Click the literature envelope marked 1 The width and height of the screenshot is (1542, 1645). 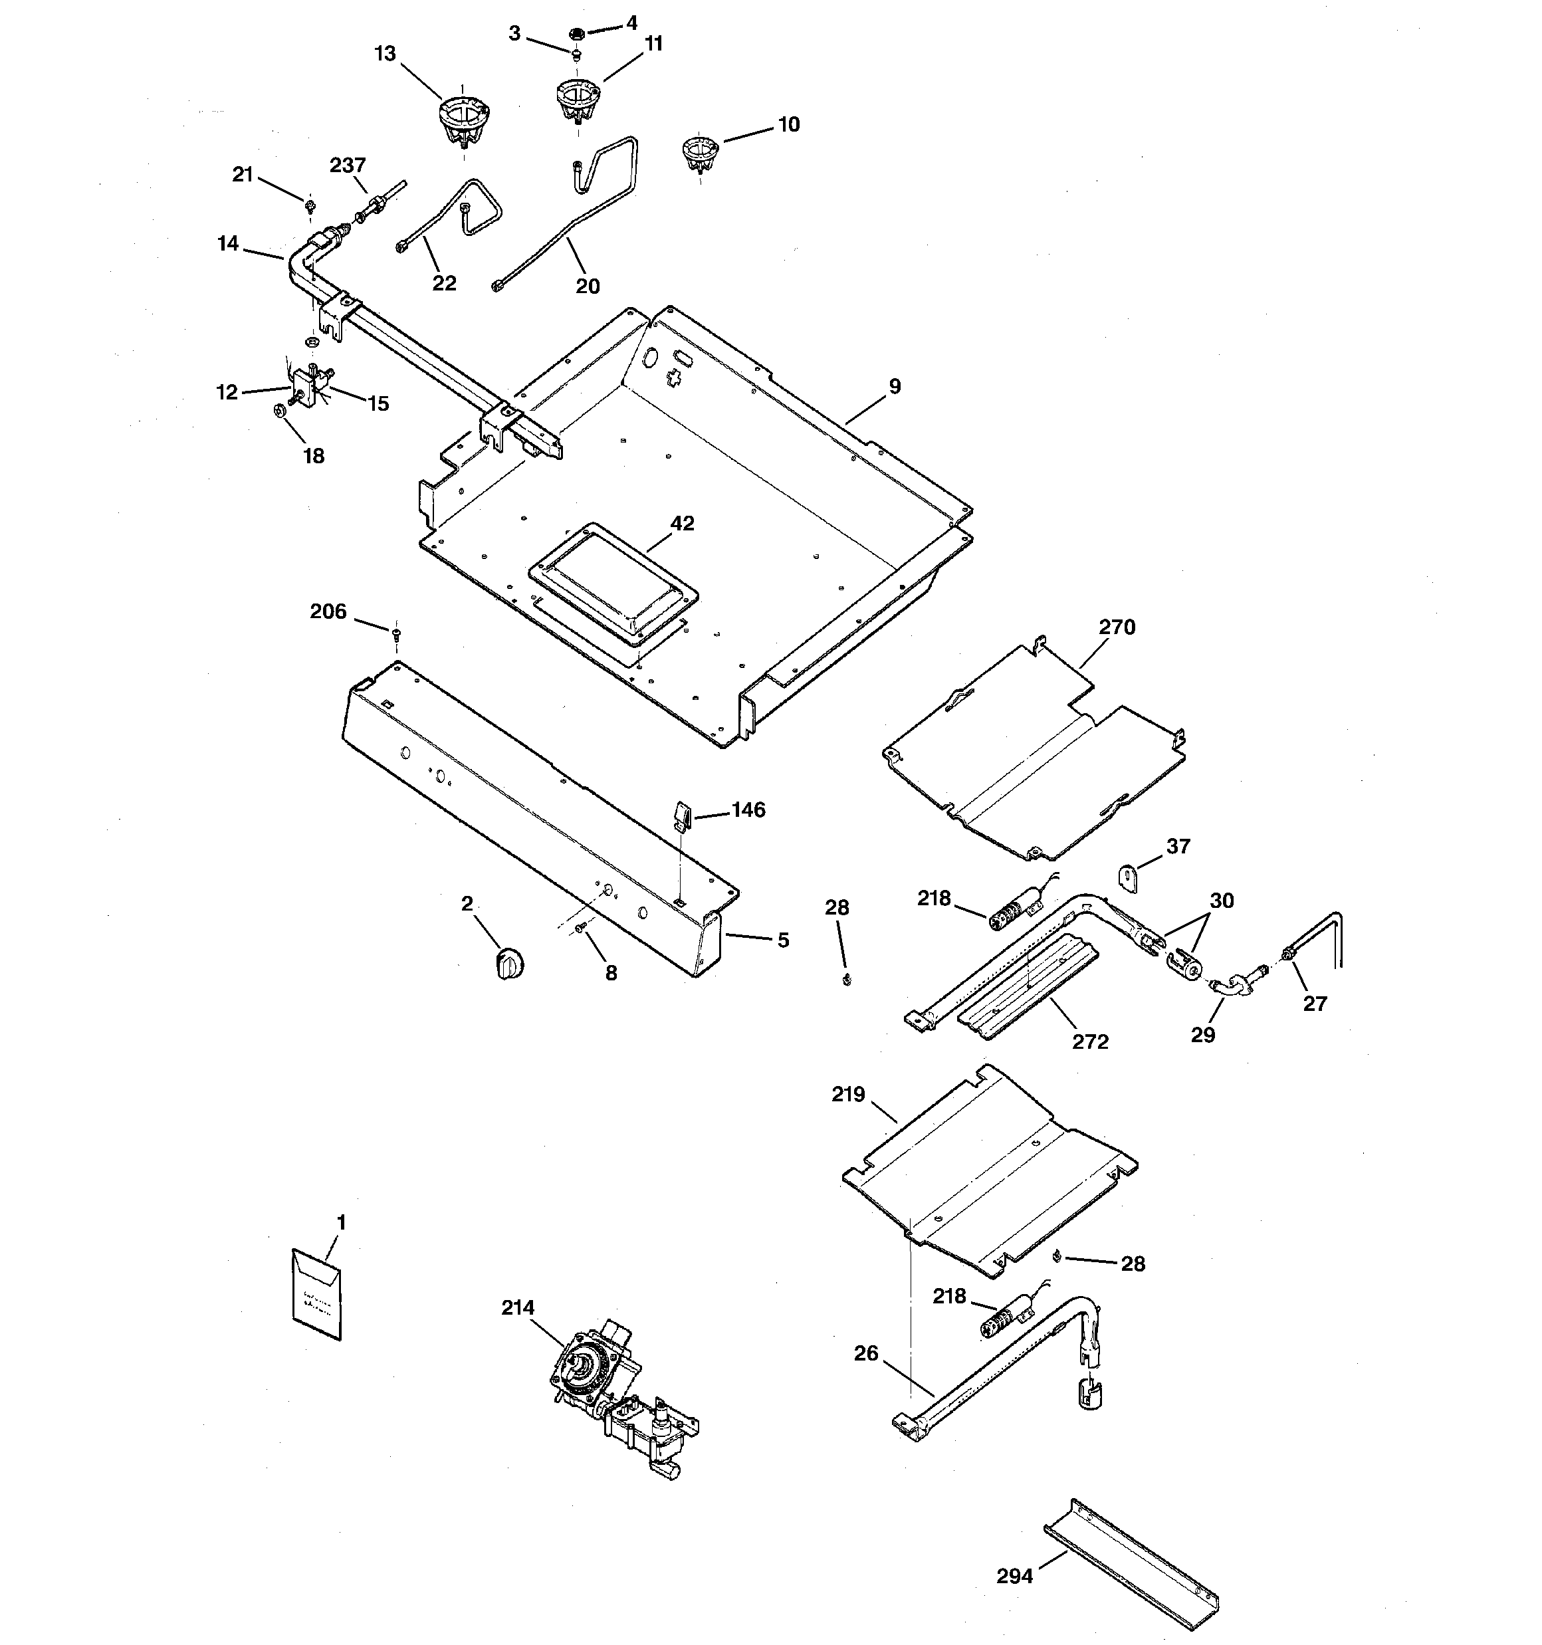coord(316,1295)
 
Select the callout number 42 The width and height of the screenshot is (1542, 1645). coord(682,523)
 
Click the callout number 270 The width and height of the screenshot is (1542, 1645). coord(1117,627)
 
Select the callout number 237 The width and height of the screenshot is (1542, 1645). coord(348,165)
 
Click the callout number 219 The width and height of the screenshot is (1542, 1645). coord(848,1095)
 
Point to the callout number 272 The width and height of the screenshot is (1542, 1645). coord(1090,1042)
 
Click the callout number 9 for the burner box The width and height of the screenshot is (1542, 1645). coord(895,386)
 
